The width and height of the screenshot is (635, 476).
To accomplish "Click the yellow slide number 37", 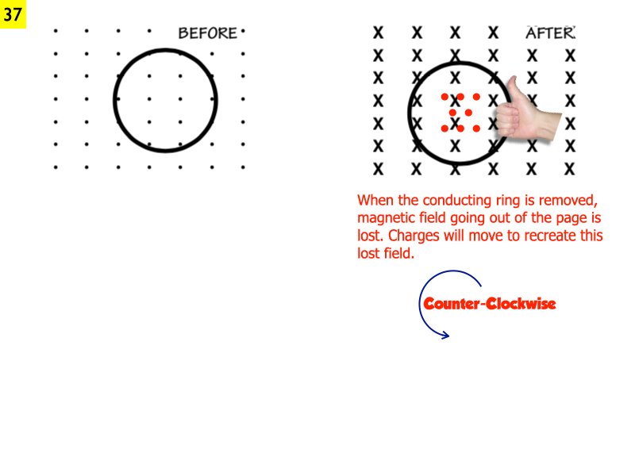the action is (13, 14).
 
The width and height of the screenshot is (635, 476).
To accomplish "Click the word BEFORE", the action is (208, 33).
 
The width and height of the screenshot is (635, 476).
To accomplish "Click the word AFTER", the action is (550, 33).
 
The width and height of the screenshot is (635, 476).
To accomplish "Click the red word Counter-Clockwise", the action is (489, 304).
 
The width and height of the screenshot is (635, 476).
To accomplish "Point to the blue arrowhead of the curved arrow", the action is (445, 335).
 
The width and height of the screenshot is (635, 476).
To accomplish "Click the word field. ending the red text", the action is (399, 253).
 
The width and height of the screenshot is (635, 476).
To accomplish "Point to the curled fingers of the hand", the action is (506, 121).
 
